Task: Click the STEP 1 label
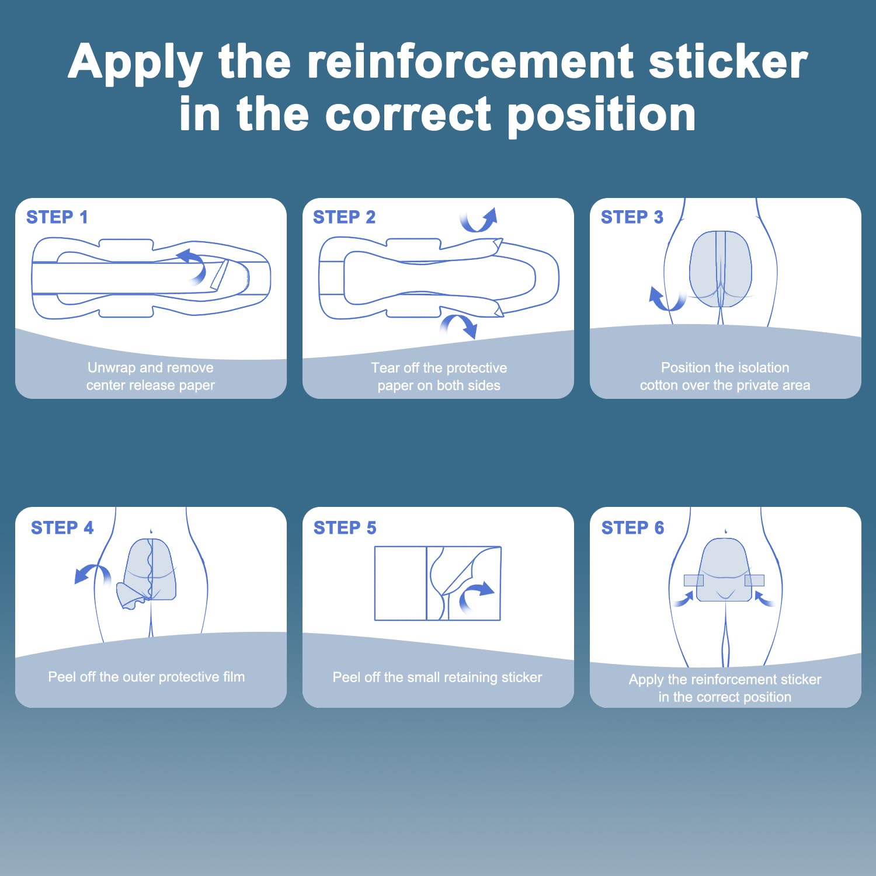[x=57, y=217]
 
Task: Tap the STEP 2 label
[x=344, y=217]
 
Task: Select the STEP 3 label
[x=632, y=217]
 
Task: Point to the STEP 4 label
[x=62, y=528]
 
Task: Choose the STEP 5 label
[x=345, y=528]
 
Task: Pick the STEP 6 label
[x=632, y=528]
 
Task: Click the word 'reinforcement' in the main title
[x=471, y=61]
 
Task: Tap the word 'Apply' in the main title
[x=135, y=64]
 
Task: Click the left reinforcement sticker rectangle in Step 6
[x=694, y=580]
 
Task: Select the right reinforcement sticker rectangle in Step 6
[x=755, y=580]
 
